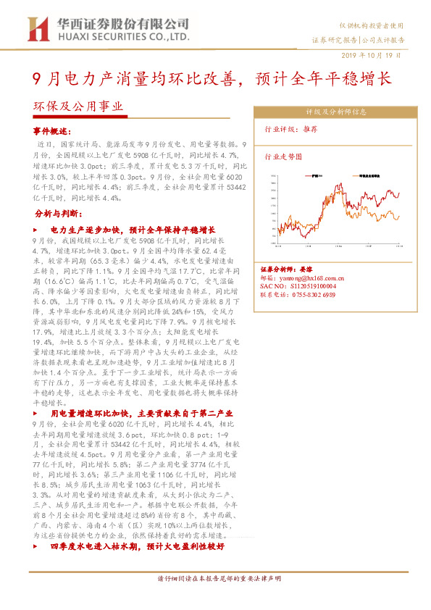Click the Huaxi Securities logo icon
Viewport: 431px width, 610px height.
click(37, 29)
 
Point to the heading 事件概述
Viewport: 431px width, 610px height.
click(52, 132)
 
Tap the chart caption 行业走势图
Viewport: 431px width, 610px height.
click(282, 156)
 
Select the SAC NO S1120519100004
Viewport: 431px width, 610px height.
click(297, 286)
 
